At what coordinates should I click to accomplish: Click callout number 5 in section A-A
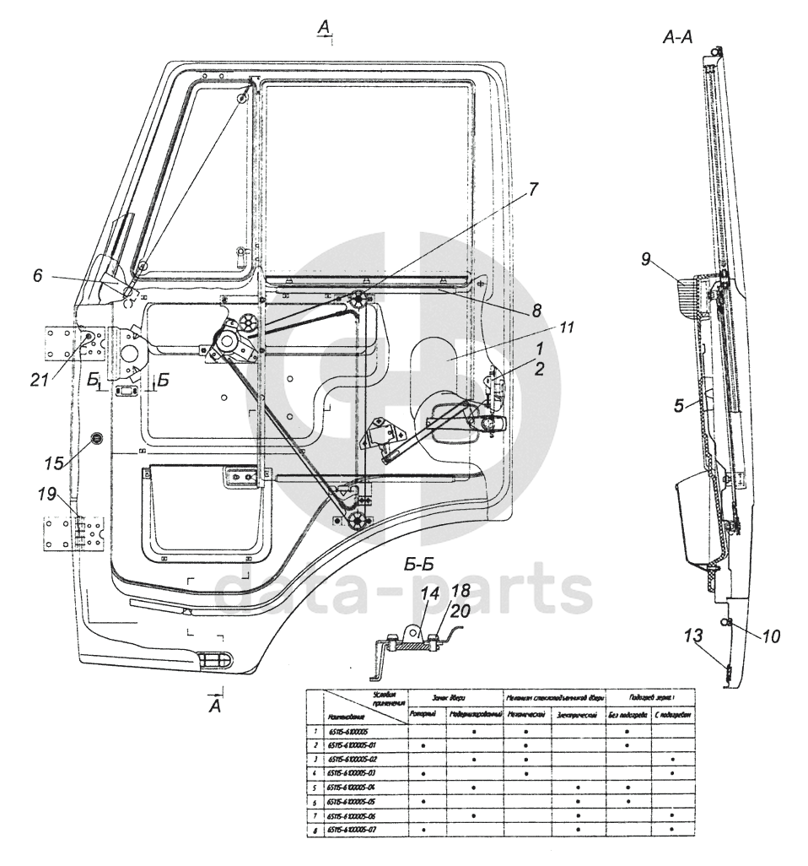tap(679, 406)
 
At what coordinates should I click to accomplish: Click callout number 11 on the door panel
tap(565, 327)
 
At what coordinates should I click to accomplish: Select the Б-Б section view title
tap(419, 567)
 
